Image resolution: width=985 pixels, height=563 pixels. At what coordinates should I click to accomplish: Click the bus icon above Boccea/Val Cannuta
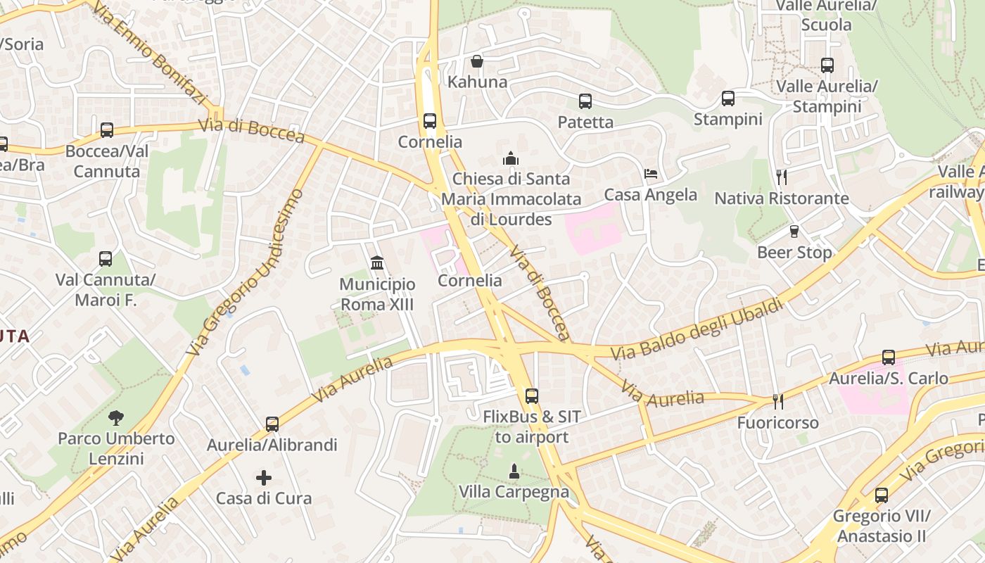[x=106, y=130]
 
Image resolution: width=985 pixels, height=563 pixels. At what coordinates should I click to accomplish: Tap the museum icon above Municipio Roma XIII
[x=376, y=263]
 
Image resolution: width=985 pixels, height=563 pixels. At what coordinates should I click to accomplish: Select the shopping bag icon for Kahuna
[x=477, y=61]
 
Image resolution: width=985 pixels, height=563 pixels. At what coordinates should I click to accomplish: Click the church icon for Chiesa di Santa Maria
[x=511, y=158]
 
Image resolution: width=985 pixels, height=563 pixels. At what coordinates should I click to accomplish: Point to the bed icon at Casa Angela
[x=651, y=174]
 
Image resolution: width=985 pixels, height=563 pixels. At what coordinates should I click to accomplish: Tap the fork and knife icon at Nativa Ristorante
[x=781, y=177]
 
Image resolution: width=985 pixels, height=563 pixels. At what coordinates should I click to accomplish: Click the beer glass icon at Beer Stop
[x=794, y=232]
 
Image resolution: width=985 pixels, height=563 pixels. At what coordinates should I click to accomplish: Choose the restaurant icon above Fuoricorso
[x=777, y=402]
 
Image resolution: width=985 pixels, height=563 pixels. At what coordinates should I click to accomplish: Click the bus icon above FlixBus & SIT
[x=531, y=396]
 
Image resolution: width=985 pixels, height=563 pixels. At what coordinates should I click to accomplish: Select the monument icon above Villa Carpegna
[x=514, y=471]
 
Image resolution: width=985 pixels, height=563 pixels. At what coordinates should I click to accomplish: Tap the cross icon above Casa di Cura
[x=264, y=478]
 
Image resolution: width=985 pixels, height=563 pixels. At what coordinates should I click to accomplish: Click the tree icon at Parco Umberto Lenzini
[x=116, y=418]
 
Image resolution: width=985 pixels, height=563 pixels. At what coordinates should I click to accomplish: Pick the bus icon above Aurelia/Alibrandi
[x=272, y=424]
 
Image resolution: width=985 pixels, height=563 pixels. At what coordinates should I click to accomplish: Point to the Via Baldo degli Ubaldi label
[x=697, y=329]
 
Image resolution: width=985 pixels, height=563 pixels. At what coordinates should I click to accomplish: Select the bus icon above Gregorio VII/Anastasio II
[x=881, y=495]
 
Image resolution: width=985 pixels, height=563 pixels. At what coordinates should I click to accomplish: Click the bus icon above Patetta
[x=585, y=101]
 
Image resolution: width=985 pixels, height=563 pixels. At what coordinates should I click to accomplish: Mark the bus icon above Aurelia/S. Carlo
[x=888, y=358]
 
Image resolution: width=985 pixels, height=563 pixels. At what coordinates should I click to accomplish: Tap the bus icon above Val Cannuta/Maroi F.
[x=106, y=259]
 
